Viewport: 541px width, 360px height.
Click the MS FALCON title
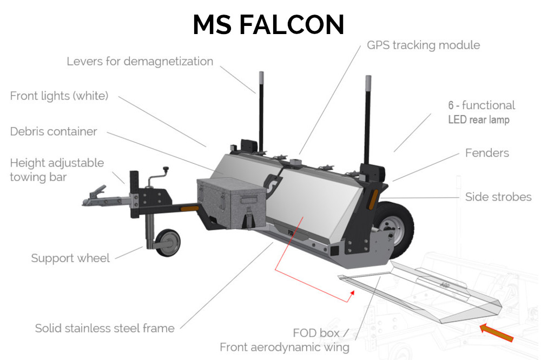[x=268, y=25]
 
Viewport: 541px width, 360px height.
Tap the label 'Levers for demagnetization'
[x=140, y=61]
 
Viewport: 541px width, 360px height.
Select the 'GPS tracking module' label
[x=423, y=45]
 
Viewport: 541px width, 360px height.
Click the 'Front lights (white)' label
[x=60, y=96]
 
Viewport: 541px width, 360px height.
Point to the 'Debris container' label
[x=54, y=131]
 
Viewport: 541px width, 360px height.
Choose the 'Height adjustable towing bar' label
[x=57, y=170]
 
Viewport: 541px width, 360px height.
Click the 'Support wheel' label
[x=70, y=258]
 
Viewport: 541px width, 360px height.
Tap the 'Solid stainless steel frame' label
[x=105, y=328]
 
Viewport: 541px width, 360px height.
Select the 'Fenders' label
[x=487, y=153]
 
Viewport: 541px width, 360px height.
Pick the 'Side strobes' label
[x=498, y=197]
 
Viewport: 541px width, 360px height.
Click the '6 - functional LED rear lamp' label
[x=481, y=112]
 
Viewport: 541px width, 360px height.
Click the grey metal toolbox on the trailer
[x=232, y=203]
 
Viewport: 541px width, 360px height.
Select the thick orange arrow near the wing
[x=496, y=332]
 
